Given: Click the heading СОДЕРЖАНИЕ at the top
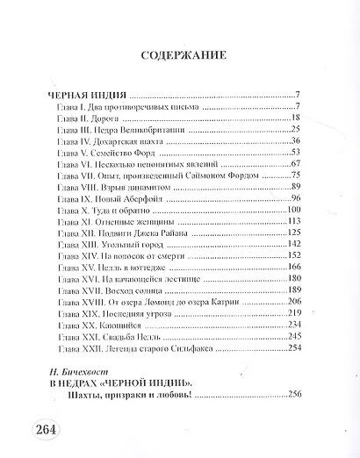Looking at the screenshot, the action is coord(180,54).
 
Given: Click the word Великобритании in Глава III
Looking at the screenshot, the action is coord(140,129).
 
